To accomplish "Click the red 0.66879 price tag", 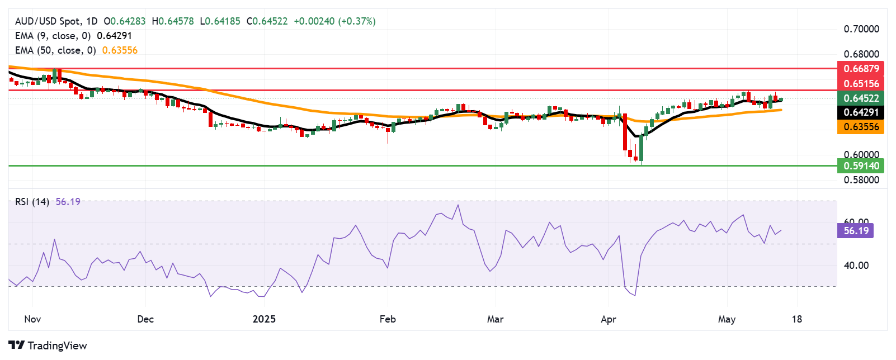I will tap(861, 69).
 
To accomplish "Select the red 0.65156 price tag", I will tap(861, 84).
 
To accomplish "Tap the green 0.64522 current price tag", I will tap(861, 98).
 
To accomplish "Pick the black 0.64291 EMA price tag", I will tap(861, 112).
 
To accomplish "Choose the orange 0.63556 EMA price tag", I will tap(861, 127).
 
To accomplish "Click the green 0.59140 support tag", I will tap(861, 165).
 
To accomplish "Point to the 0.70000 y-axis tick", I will tap(861, 29).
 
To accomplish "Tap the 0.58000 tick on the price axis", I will tap(861, 180).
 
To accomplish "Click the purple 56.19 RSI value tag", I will tap(856, 231).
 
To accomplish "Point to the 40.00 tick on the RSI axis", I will tap(856, 266).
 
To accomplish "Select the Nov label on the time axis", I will tap(32, 319).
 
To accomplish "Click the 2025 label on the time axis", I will tap(264, 319).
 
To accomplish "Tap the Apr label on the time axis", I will tap(608, 319).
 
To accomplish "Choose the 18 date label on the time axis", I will tap(796, 319).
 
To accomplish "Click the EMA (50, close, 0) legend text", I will tap(55, 50).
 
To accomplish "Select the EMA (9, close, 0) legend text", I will tap(53, 36).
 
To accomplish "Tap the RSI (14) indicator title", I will tap(32, 202).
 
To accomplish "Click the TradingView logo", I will tap(48, 345).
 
